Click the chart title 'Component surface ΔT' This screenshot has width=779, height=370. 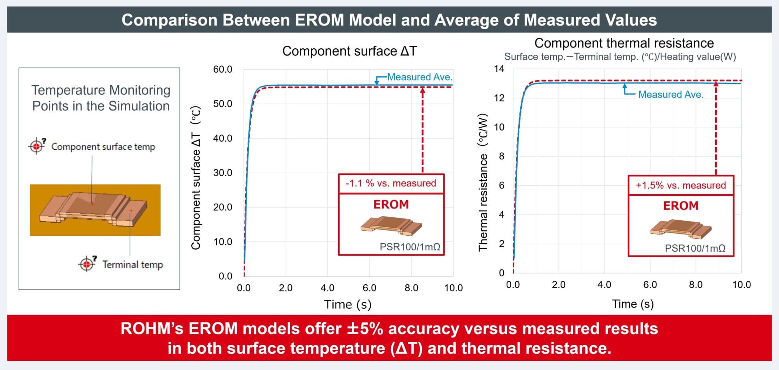349,51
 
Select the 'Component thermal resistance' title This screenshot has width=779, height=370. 624,43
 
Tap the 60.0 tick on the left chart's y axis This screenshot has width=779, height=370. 223,69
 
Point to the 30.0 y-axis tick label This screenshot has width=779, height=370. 223,173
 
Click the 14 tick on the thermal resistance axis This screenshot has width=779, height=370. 499,69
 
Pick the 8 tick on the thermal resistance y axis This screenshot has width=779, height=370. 501,156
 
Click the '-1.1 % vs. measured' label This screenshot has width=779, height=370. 391,183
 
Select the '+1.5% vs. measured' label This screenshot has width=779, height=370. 680,185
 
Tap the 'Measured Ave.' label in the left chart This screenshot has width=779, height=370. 420,77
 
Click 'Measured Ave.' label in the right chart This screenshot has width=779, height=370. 671,94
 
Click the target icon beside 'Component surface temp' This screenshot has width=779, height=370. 37,146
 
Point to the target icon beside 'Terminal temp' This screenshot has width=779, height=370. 87,263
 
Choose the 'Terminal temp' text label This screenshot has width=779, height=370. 132,264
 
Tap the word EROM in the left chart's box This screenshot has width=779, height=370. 391,204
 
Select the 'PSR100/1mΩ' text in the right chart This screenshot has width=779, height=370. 695,248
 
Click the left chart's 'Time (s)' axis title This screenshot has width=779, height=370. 348,305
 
